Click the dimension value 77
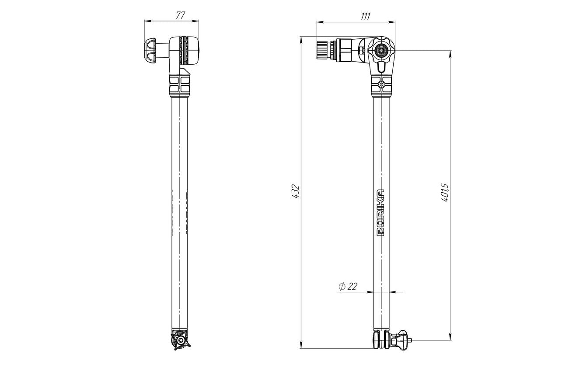(x=180, y=15)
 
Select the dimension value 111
(x=365, y=16)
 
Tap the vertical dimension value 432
(x=295, y=192)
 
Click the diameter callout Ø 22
(x=348, y=286)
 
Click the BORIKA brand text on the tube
(x=381, y=212)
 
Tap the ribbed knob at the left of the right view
(x=322, y=50)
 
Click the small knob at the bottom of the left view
(x=180, y=340)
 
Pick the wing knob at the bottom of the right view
(x=399, y=339)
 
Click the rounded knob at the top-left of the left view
(x=150, y=51)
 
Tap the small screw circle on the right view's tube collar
(x=381, y=84)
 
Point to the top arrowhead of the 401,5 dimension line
(x=450, y=54)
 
